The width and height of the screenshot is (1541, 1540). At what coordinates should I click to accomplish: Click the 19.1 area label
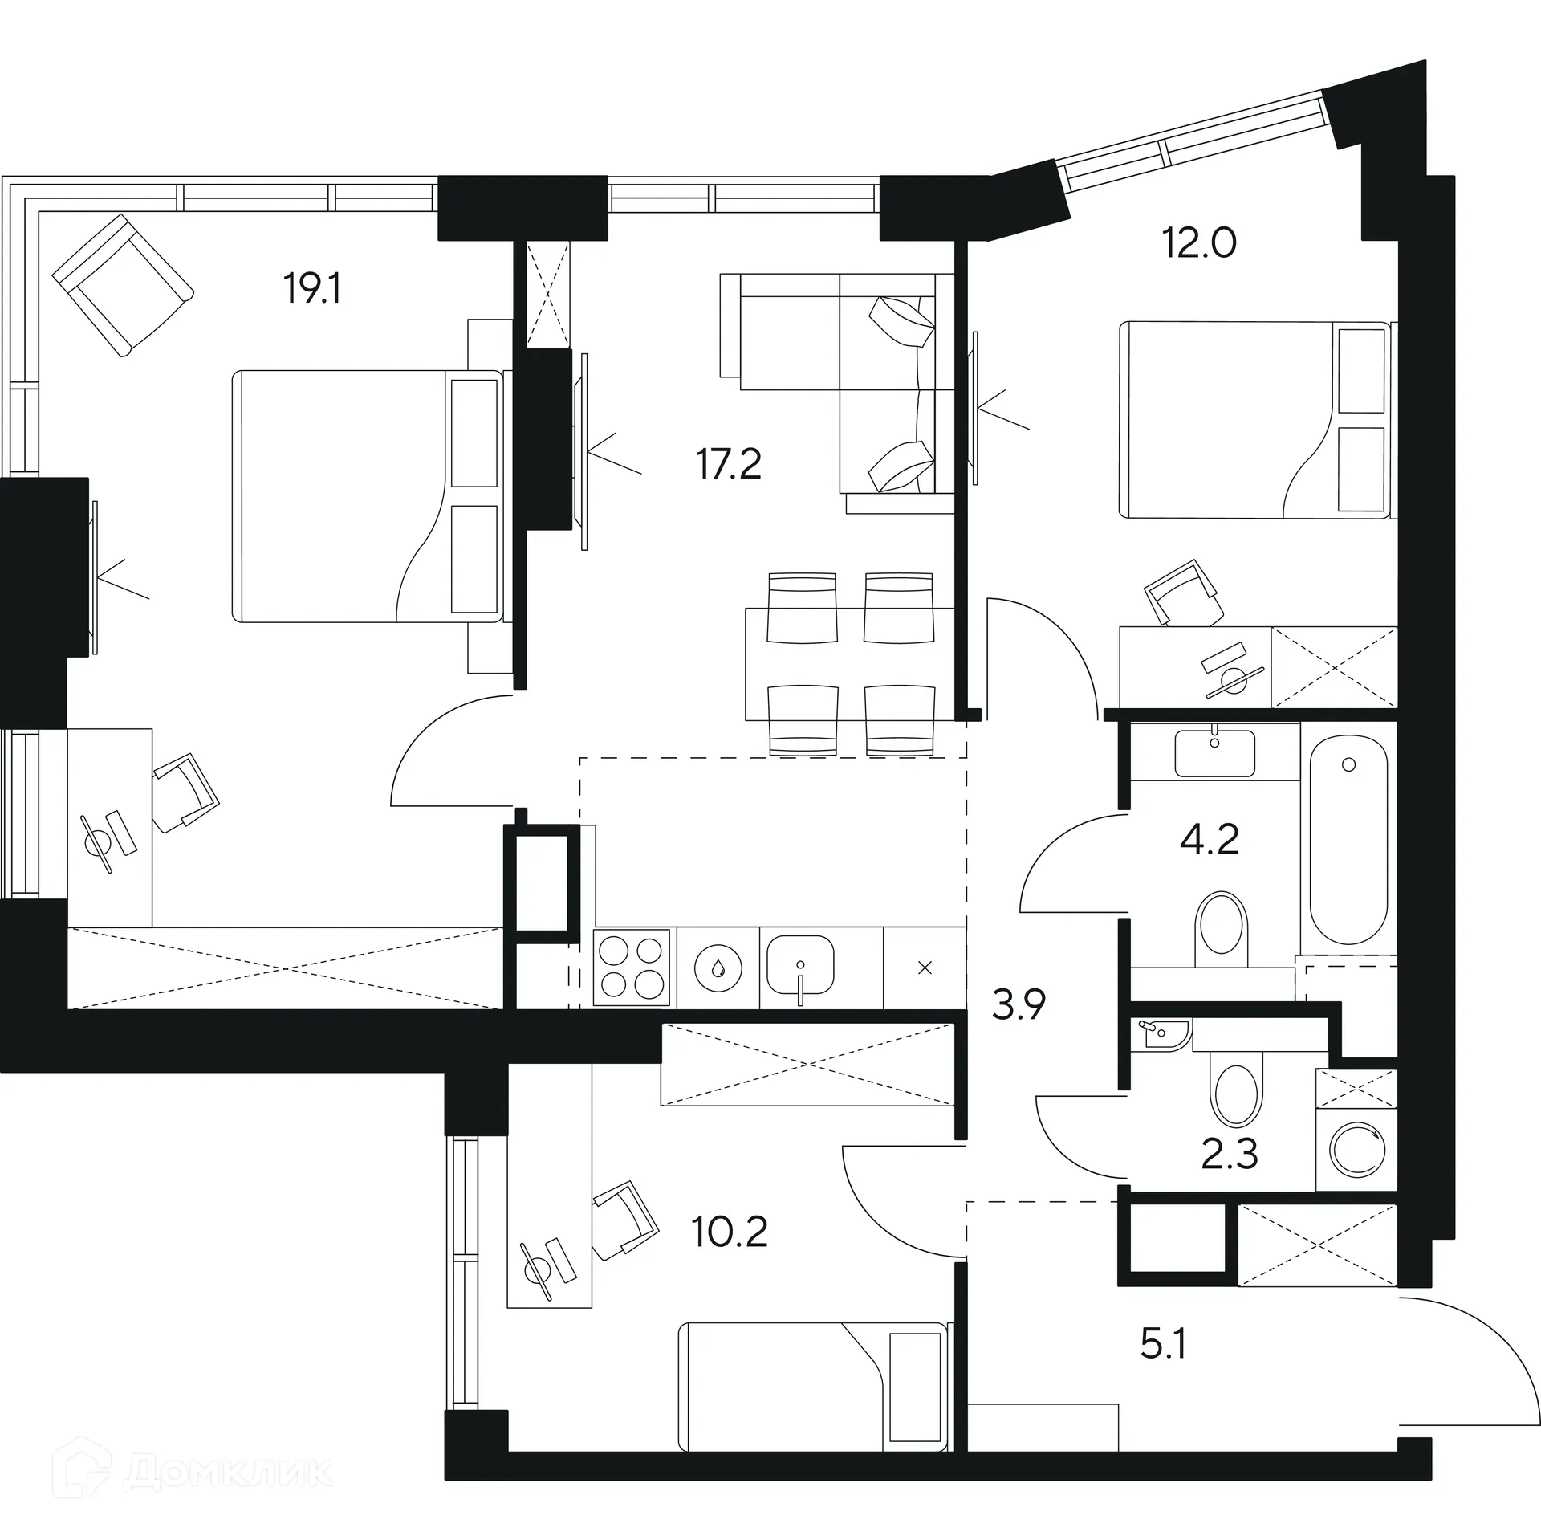[x=312, y=288]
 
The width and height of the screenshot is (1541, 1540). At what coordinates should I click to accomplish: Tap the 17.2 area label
[x=729, y=465]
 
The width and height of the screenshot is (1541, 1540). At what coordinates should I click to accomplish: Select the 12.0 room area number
[x=1199, y=242]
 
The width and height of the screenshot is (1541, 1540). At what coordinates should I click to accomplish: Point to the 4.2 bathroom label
[x=1210, y=840]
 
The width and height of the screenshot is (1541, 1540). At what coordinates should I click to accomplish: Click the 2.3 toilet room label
[x=1229, y=1155]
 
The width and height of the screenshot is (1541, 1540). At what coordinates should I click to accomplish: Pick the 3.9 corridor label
[x=1019, y=1004]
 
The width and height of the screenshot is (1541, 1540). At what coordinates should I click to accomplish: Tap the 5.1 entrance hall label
[x=1163, y=1344]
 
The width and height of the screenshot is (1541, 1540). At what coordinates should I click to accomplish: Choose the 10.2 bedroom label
[x=730, y=1232]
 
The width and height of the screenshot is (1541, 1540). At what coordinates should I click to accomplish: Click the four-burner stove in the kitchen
[x=631, y=968]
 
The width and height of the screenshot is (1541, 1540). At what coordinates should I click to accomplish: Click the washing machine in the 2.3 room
[x=1357, y=1151]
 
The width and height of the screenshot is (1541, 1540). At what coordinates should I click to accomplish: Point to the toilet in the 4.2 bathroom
[x=1222, y=931]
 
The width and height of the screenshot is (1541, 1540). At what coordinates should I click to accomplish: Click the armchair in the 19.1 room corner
[x=123, y=284]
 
